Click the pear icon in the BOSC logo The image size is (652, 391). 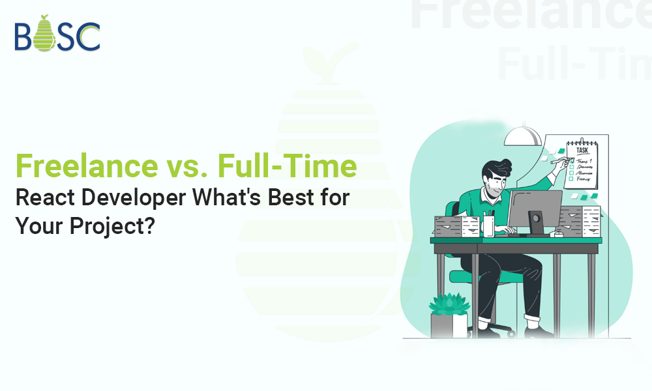click(44, 35)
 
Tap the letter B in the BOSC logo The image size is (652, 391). click(23, 37)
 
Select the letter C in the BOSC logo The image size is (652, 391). click(88, 37)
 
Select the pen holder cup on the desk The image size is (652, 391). click(488, 226)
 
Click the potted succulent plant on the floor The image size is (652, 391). click(449, 313)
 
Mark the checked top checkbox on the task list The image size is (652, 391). click(572, 160)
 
